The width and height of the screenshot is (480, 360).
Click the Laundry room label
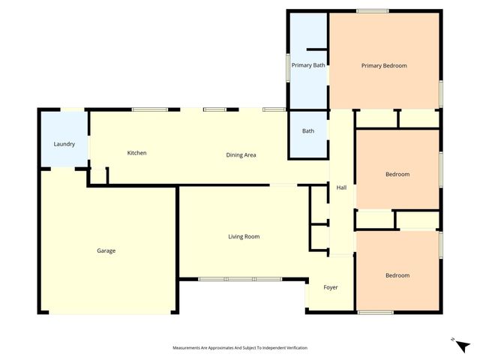(64, 144)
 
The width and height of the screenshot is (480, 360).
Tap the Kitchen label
(136, 153)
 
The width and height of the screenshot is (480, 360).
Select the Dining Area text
(241, 155)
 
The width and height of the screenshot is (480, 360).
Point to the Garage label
(106, 250)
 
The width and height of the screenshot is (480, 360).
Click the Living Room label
(244, 237)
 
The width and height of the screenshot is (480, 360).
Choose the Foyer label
(331, 287)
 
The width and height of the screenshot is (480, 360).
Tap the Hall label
(341, 187)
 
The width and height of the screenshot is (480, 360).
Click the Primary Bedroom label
(384, 66)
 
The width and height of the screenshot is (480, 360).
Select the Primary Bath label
(308, 66)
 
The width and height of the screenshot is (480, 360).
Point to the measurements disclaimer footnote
(240, 348)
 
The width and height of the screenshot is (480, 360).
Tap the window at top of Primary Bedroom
(372, 10)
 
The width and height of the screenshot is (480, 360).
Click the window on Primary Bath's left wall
(289, 67)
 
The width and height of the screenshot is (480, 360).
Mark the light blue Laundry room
(64, 139)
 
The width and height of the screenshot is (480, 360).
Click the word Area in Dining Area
(250, 155)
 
